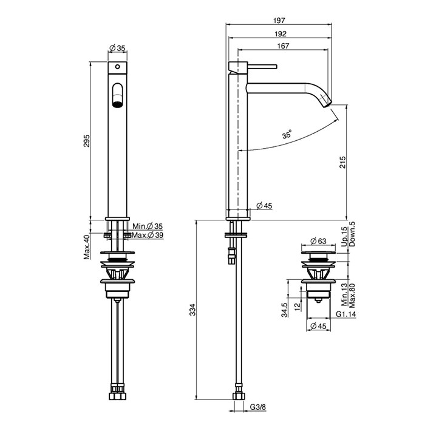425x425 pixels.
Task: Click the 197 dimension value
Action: (279, 20)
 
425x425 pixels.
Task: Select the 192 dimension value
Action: (280, 33)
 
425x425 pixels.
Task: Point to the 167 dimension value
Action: (283, 46)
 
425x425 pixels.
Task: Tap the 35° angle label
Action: (287, 134)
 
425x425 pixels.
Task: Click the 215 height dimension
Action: (342, 162)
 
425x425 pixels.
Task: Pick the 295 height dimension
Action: (86, 140)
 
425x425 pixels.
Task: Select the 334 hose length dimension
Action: (192, 310)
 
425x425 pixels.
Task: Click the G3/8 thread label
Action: (258, 407)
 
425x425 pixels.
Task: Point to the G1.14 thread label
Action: (345, 314)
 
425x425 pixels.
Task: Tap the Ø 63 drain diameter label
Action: (318, 240)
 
